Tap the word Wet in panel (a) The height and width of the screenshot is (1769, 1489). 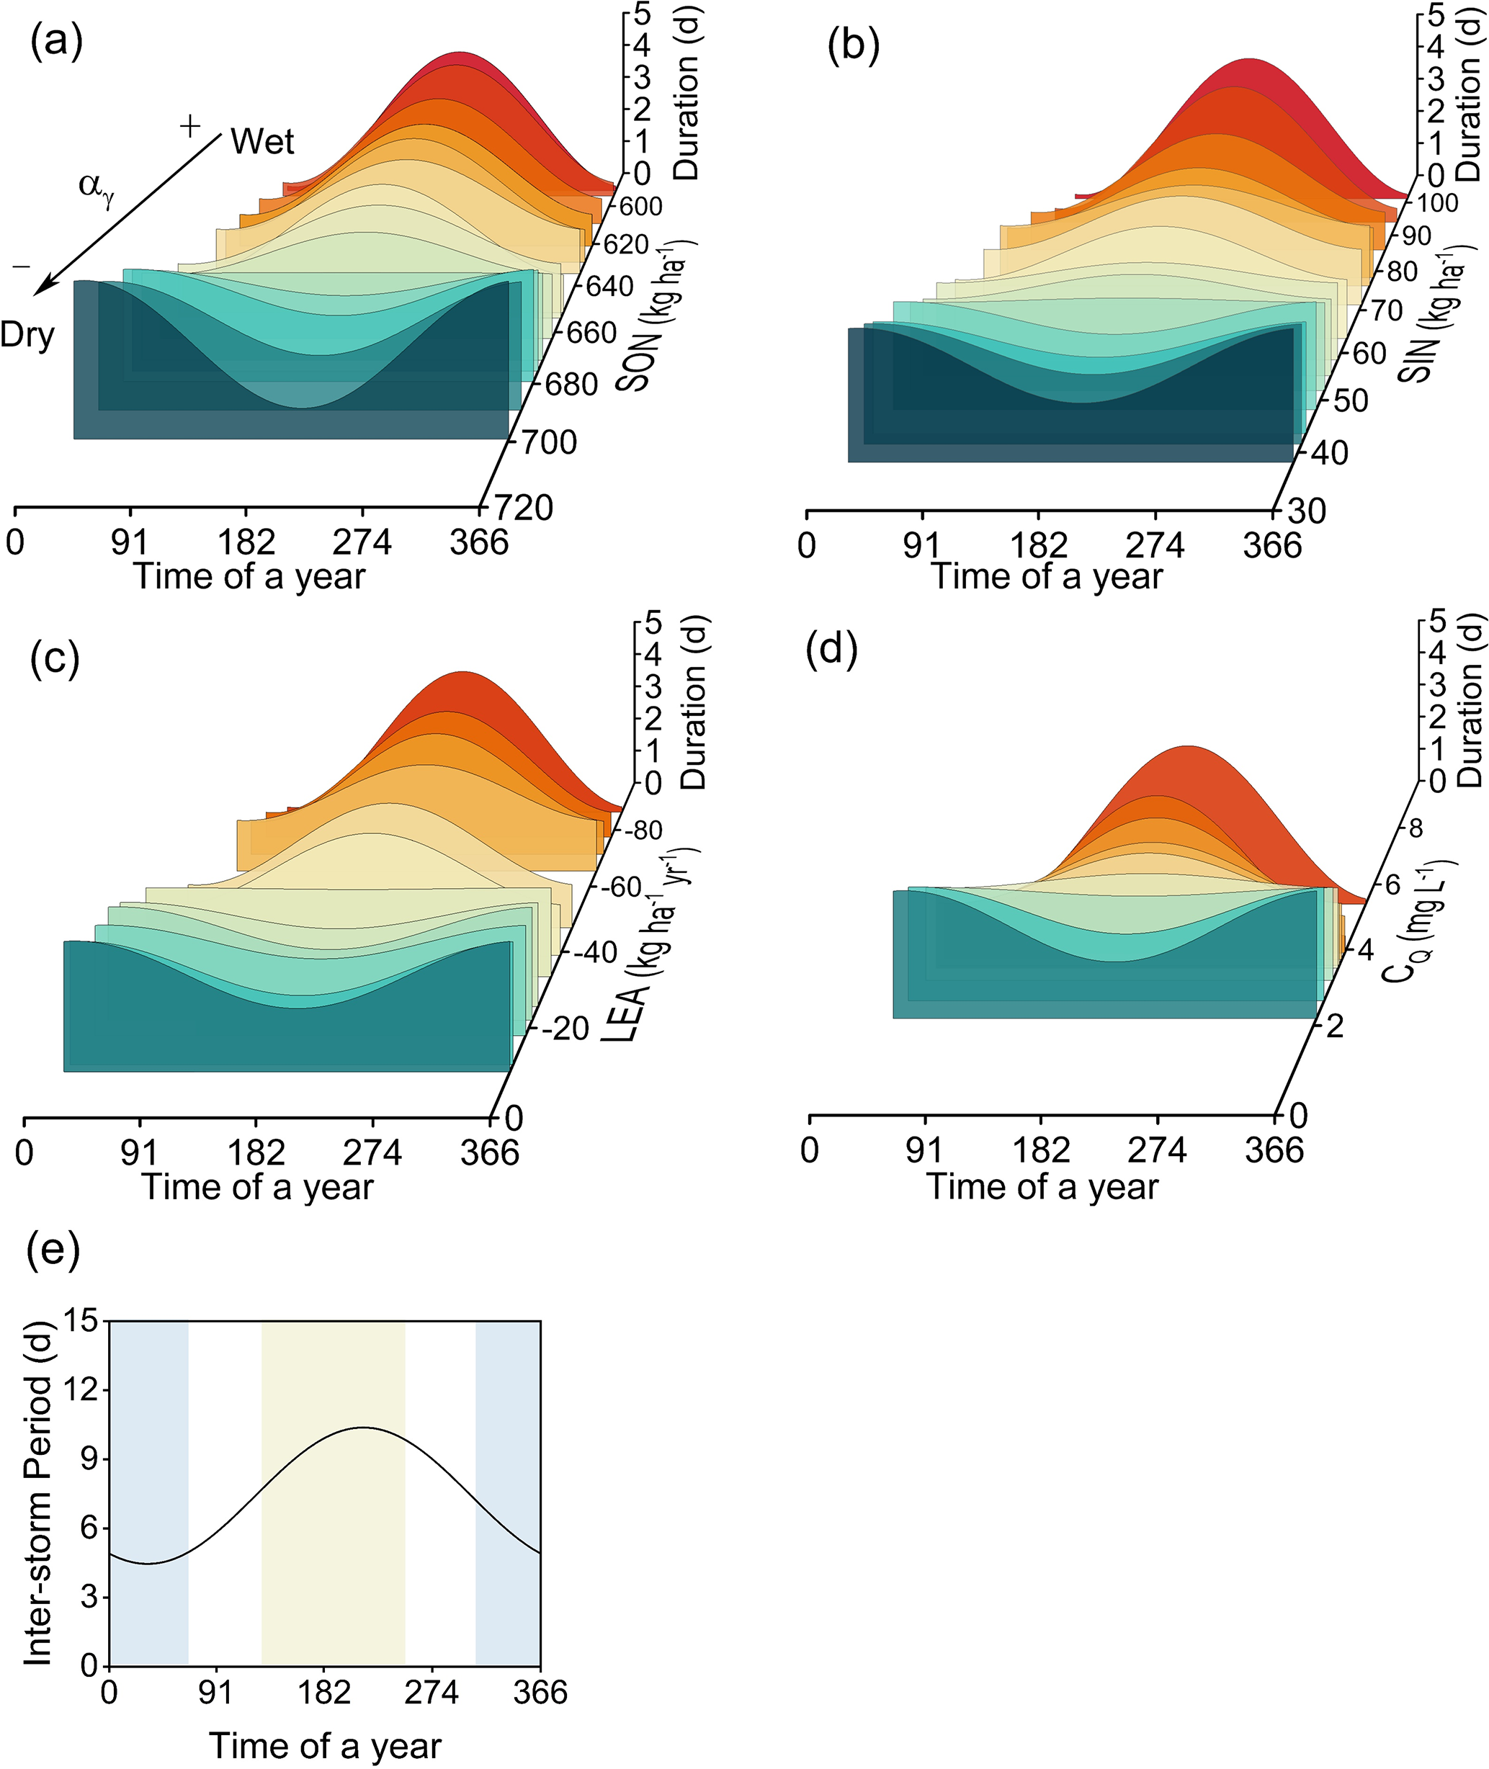[x=262, y=142]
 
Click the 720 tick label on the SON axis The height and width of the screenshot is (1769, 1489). [x=522, y=508]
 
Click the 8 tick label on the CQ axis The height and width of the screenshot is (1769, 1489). [x=1416, y=828]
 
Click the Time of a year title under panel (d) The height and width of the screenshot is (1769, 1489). [x=1042, y=1186]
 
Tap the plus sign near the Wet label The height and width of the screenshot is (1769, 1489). [x=191, y=127]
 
